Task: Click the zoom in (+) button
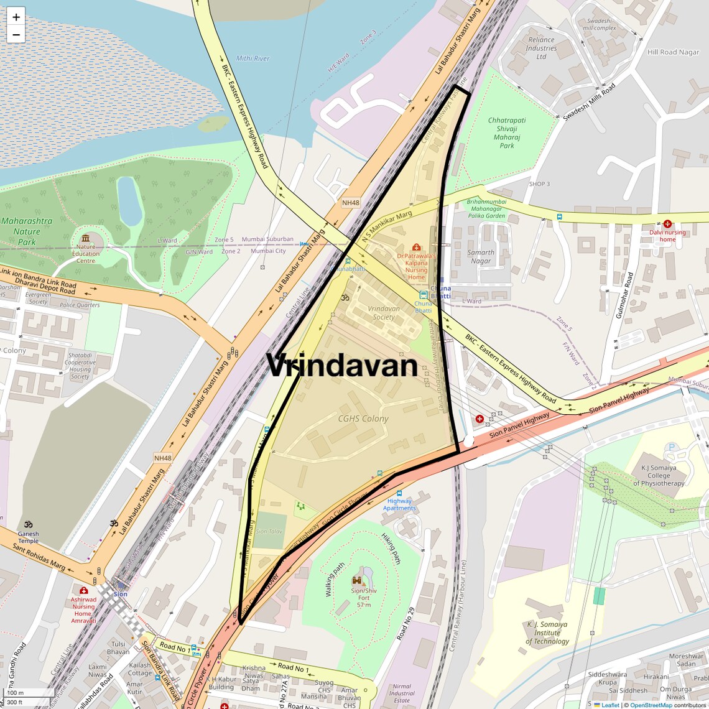coord(16,17)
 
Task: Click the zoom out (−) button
coord(16,34)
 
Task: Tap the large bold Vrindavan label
coord(341,365)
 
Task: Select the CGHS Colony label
coord(363,419)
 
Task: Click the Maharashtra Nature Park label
coord(27,231)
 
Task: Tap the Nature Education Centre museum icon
coord(85,238)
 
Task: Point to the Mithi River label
coord(253,58)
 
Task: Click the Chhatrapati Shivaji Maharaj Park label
coord(507,132)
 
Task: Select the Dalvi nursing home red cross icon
coord(667,224)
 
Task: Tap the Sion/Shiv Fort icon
coord(357,580)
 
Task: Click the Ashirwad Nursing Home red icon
coord(83,590)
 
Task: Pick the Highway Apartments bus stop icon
coord(399,493)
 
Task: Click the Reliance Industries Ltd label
coord(541,48)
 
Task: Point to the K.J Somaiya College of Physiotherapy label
coord(659,475)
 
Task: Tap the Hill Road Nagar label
coord(673,52)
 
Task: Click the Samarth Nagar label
coord(481,256)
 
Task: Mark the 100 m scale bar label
coord(16,693)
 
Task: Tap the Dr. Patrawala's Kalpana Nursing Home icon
coord(416,247)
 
